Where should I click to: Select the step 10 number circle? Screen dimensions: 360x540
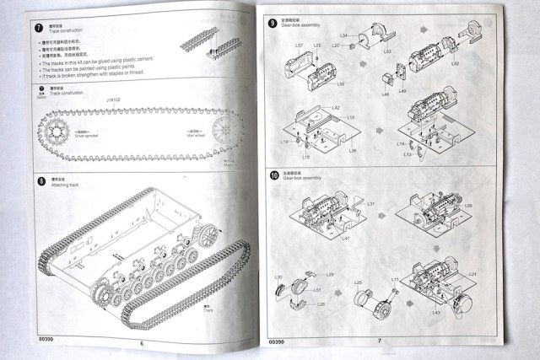pos(273,175)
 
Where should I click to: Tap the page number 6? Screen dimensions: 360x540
pos(143,342)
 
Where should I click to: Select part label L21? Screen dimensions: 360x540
pos(472,275)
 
